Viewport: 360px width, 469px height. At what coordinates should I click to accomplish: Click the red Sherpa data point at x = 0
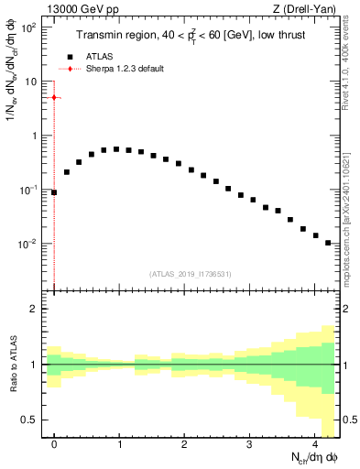pyautogui.click(x=54, y=97)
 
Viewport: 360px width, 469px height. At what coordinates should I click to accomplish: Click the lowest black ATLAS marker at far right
pyautogui.click(x=327, y=243)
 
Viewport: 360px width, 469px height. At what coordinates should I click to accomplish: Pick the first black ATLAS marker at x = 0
pyautogui.click(x=54, y=192)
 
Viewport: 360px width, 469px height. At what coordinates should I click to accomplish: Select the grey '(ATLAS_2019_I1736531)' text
pyautogui.click(x=191, y=273)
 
